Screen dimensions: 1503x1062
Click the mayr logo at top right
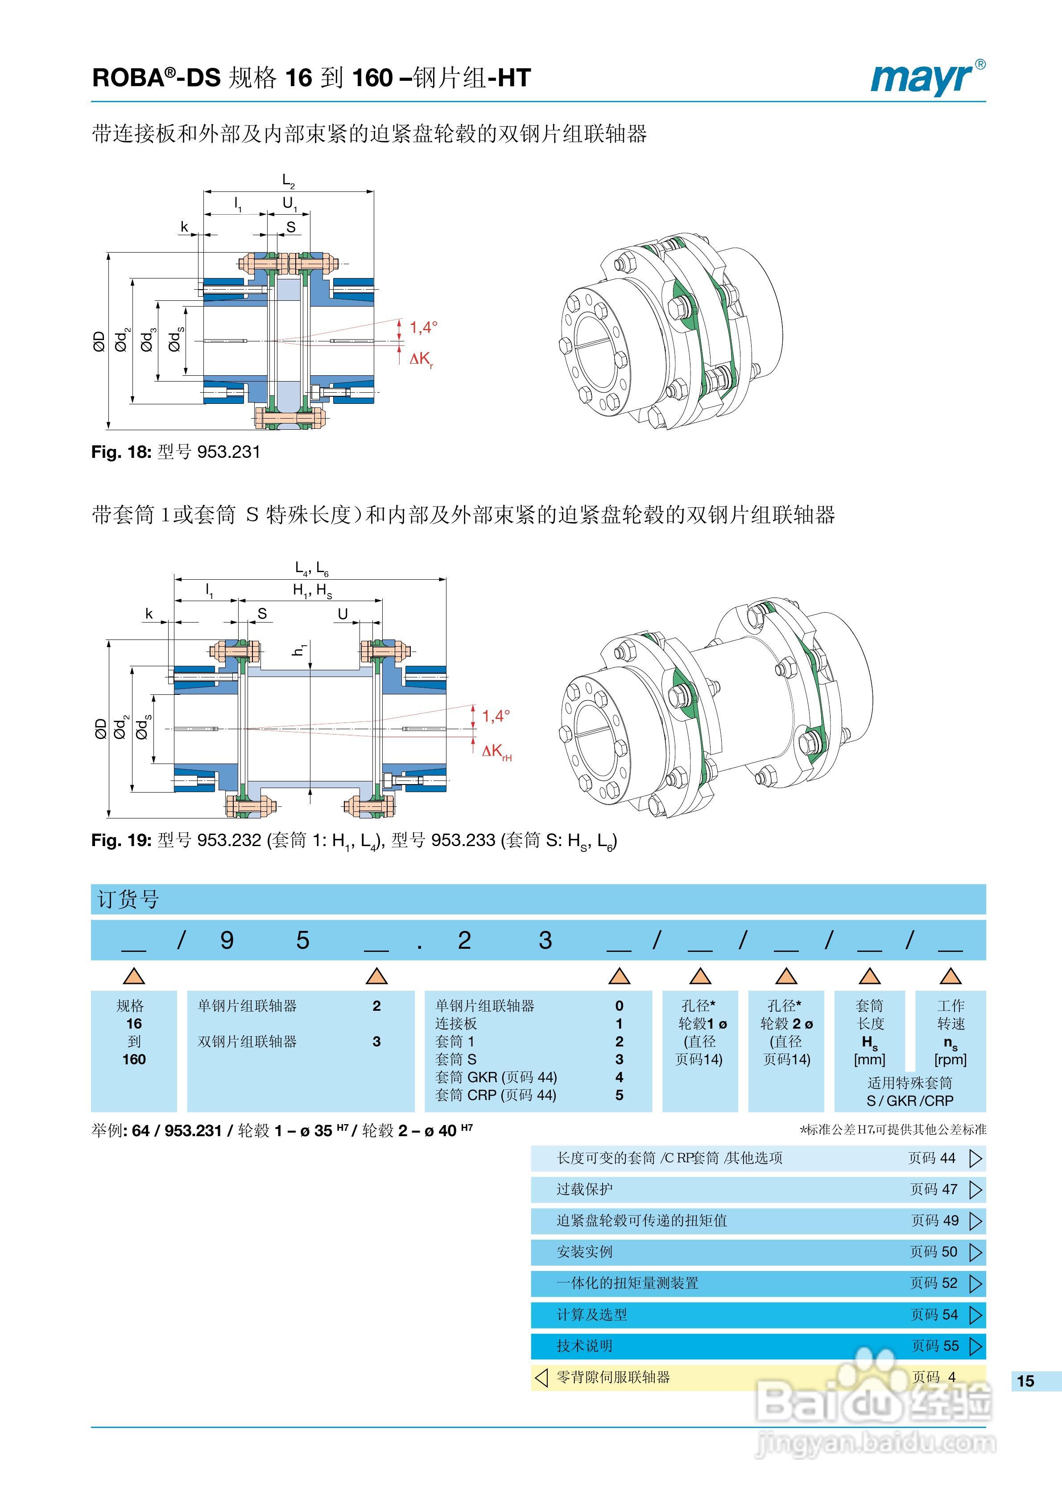click(x=926, y=78)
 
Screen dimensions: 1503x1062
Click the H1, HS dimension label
click(x=312, y=590)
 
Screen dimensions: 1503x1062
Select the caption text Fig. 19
click(x=121, y=840)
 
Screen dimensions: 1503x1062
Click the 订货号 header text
click(x=128, y=900)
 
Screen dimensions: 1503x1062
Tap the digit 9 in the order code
click(x=227, y=941)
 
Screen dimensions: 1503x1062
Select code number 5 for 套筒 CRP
click(x=619, y=1095)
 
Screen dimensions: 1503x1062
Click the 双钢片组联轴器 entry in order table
click(x=248, y=1042)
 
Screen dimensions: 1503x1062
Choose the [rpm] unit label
click(x=950, y=1059)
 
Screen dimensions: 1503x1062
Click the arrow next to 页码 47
click(x=975, y=1189)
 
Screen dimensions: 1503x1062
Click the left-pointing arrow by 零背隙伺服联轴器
click(x=541, y=1377)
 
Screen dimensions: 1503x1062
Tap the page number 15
click(x=1025, y=1381)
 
